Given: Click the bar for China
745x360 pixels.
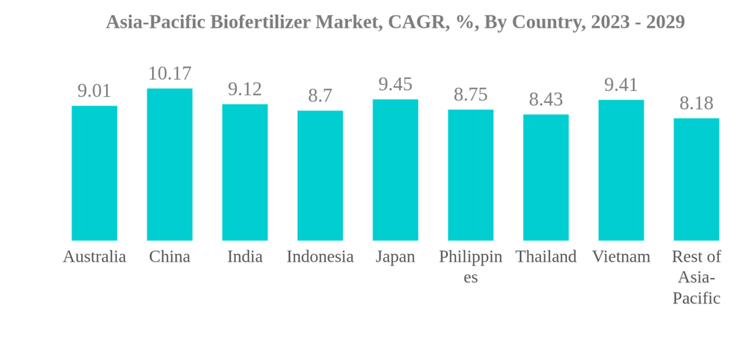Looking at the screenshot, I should pyautogui.click(x=169, y=164).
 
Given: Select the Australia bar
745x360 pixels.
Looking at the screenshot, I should pyautogui.click(x=94, y=173).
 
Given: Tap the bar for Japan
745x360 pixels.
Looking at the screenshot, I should pyautogui.click(x=395, y=170).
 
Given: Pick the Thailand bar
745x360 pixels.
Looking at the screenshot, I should pyautogui.click(x=545, y=177).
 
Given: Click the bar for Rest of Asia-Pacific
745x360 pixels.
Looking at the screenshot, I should pyautogui.click(x=696, y=179).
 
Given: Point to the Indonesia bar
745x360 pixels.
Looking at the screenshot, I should pyautogui.click(x=320, y=175).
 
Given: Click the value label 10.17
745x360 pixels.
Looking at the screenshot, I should pyautogui.click(x=169, y=74).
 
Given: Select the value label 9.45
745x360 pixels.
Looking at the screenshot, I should pyautogui.click(x=395, y=84).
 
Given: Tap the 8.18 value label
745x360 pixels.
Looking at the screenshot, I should pyautogui.click(x=696, y=104).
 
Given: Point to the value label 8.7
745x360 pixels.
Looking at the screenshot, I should pyautogui.click(x=320, y=96).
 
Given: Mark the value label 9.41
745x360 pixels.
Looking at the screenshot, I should pyautogui.click(x=621, y=85).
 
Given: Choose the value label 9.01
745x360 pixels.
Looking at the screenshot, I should pyautogui.click(x=94, y=91).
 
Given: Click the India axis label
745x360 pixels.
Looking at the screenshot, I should pyautogui.click(x=244, y=257).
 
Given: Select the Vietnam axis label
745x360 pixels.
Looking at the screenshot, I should pyautogui.click(x=621, y=257).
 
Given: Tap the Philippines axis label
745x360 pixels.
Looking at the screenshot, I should pyautogui.click(x=470, y=267).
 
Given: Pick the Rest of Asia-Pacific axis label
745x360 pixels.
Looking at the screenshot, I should pyautogui.click(x=696, y=277).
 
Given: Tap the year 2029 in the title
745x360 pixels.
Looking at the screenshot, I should pyautogui.click(x=665, y=22).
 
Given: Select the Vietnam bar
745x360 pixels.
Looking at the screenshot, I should pyautogui.click(x=621, y=170).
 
